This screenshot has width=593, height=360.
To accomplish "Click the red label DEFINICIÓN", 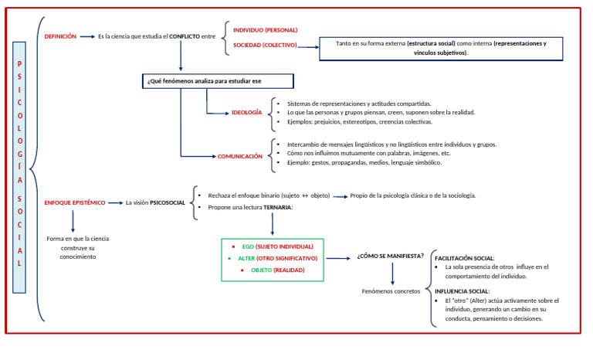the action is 60,36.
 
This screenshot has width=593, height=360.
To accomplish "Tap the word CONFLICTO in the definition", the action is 185,36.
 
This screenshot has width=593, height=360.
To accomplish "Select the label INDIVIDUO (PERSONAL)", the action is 265,30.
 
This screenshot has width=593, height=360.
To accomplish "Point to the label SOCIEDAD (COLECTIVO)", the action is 265,45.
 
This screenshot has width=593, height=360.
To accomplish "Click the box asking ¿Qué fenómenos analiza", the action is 218,81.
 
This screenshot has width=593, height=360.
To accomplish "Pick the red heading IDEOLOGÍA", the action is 246,113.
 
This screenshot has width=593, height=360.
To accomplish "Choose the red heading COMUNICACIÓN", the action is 240,156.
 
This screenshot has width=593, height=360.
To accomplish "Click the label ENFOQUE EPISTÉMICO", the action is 74,202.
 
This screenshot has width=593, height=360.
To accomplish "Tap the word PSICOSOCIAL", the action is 168,202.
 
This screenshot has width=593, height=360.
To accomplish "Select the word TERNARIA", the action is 278,208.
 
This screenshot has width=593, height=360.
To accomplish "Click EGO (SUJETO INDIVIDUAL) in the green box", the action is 278,246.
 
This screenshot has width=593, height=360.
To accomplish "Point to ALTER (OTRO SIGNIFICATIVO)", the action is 278,258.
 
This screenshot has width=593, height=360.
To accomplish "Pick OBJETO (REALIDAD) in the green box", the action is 278,270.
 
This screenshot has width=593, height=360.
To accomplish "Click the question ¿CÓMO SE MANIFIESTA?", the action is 390,256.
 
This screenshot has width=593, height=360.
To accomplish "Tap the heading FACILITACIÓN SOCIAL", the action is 464,258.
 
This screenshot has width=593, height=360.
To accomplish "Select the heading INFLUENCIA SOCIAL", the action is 463,291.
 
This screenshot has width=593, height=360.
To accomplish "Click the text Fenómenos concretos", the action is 391,291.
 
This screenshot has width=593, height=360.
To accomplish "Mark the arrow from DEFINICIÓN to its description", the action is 87,37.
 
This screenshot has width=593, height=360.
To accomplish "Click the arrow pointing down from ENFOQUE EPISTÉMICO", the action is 73,221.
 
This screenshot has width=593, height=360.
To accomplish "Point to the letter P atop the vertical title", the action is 19,63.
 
